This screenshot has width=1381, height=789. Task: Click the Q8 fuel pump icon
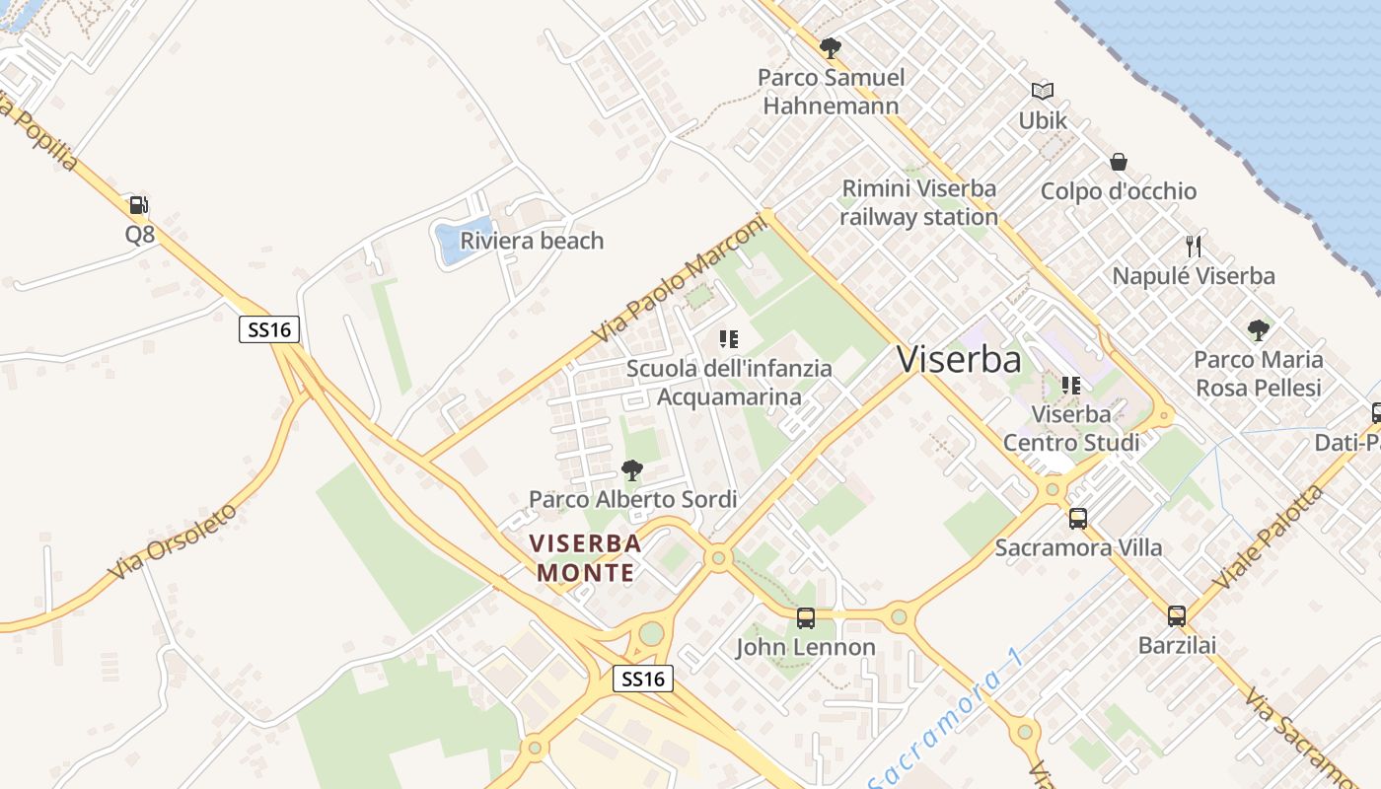coord(139,205)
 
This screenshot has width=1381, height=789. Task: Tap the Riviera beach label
coord(532,241)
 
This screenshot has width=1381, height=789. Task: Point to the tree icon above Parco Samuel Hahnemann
coord(831,47)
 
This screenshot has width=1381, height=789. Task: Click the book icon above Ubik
coord(1043,92)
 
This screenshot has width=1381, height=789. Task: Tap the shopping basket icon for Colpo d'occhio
coord(1119,162)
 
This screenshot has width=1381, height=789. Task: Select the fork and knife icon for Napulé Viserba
coord(1194,246)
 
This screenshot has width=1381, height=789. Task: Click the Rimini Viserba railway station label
coord(918,202)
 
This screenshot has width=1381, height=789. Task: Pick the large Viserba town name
coord(959,360)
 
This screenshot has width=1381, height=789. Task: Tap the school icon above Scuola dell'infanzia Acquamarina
coord(729,340)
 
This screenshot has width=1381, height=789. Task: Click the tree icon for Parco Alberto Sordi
coord(632,470)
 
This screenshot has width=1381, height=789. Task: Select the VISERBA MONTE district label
coord(585,557)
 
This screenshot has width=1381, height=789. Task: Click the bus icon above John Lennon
coord(806,618)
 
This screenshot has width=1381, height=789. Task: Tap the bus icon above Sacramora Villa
coord(1078,519)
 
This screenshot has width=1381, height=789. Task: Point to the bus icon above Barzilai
coord(1177,616)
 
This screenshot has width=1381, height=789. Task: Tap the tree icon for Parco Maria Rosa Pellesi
coord(1258,329)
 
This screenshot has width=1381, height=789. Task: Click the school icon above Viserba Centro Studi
coord(1071,386)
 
